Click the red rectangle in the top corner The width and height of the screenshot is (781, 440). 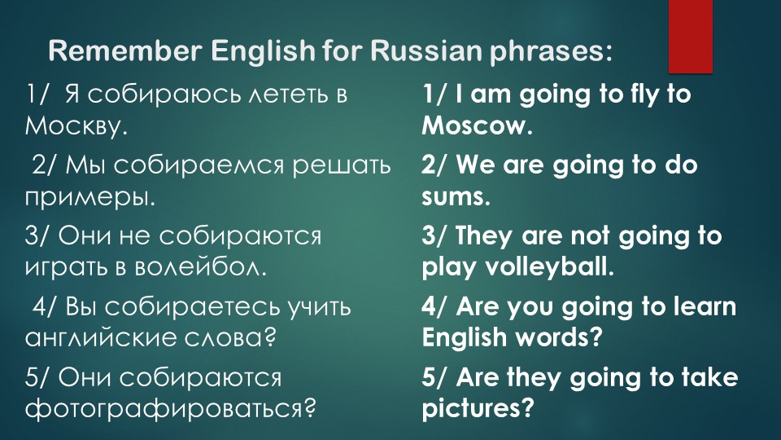(690, 33)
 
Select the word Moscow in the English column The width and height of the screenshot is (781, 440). (474, 126)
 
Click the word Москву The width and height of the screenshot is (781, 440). (76, 126)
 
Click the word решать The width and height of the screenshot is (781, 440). (341, 166)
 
